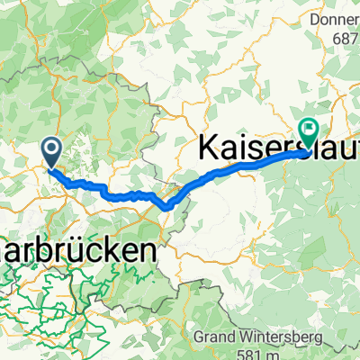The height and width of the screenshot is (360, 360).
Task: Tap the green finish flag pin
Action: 309,133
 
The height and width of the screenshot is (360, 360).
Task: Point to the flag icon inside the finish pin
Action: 309,130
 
